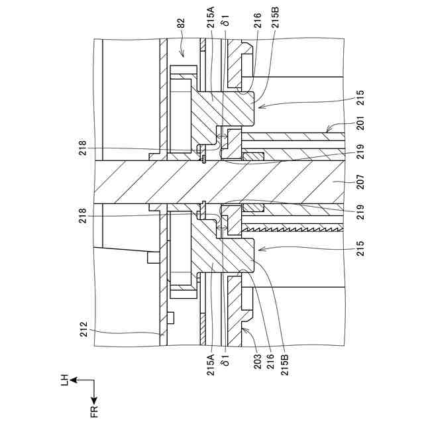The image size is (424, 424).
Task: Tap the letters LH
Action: [x=64, y=380]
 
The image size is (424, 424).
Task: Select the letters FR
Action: [x=95, y=410]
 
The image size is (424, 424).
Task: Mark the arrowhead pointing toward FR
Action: [x=95, y=399]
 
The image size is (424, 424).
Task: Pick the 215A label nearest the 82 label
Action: [x=211, y=26]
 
